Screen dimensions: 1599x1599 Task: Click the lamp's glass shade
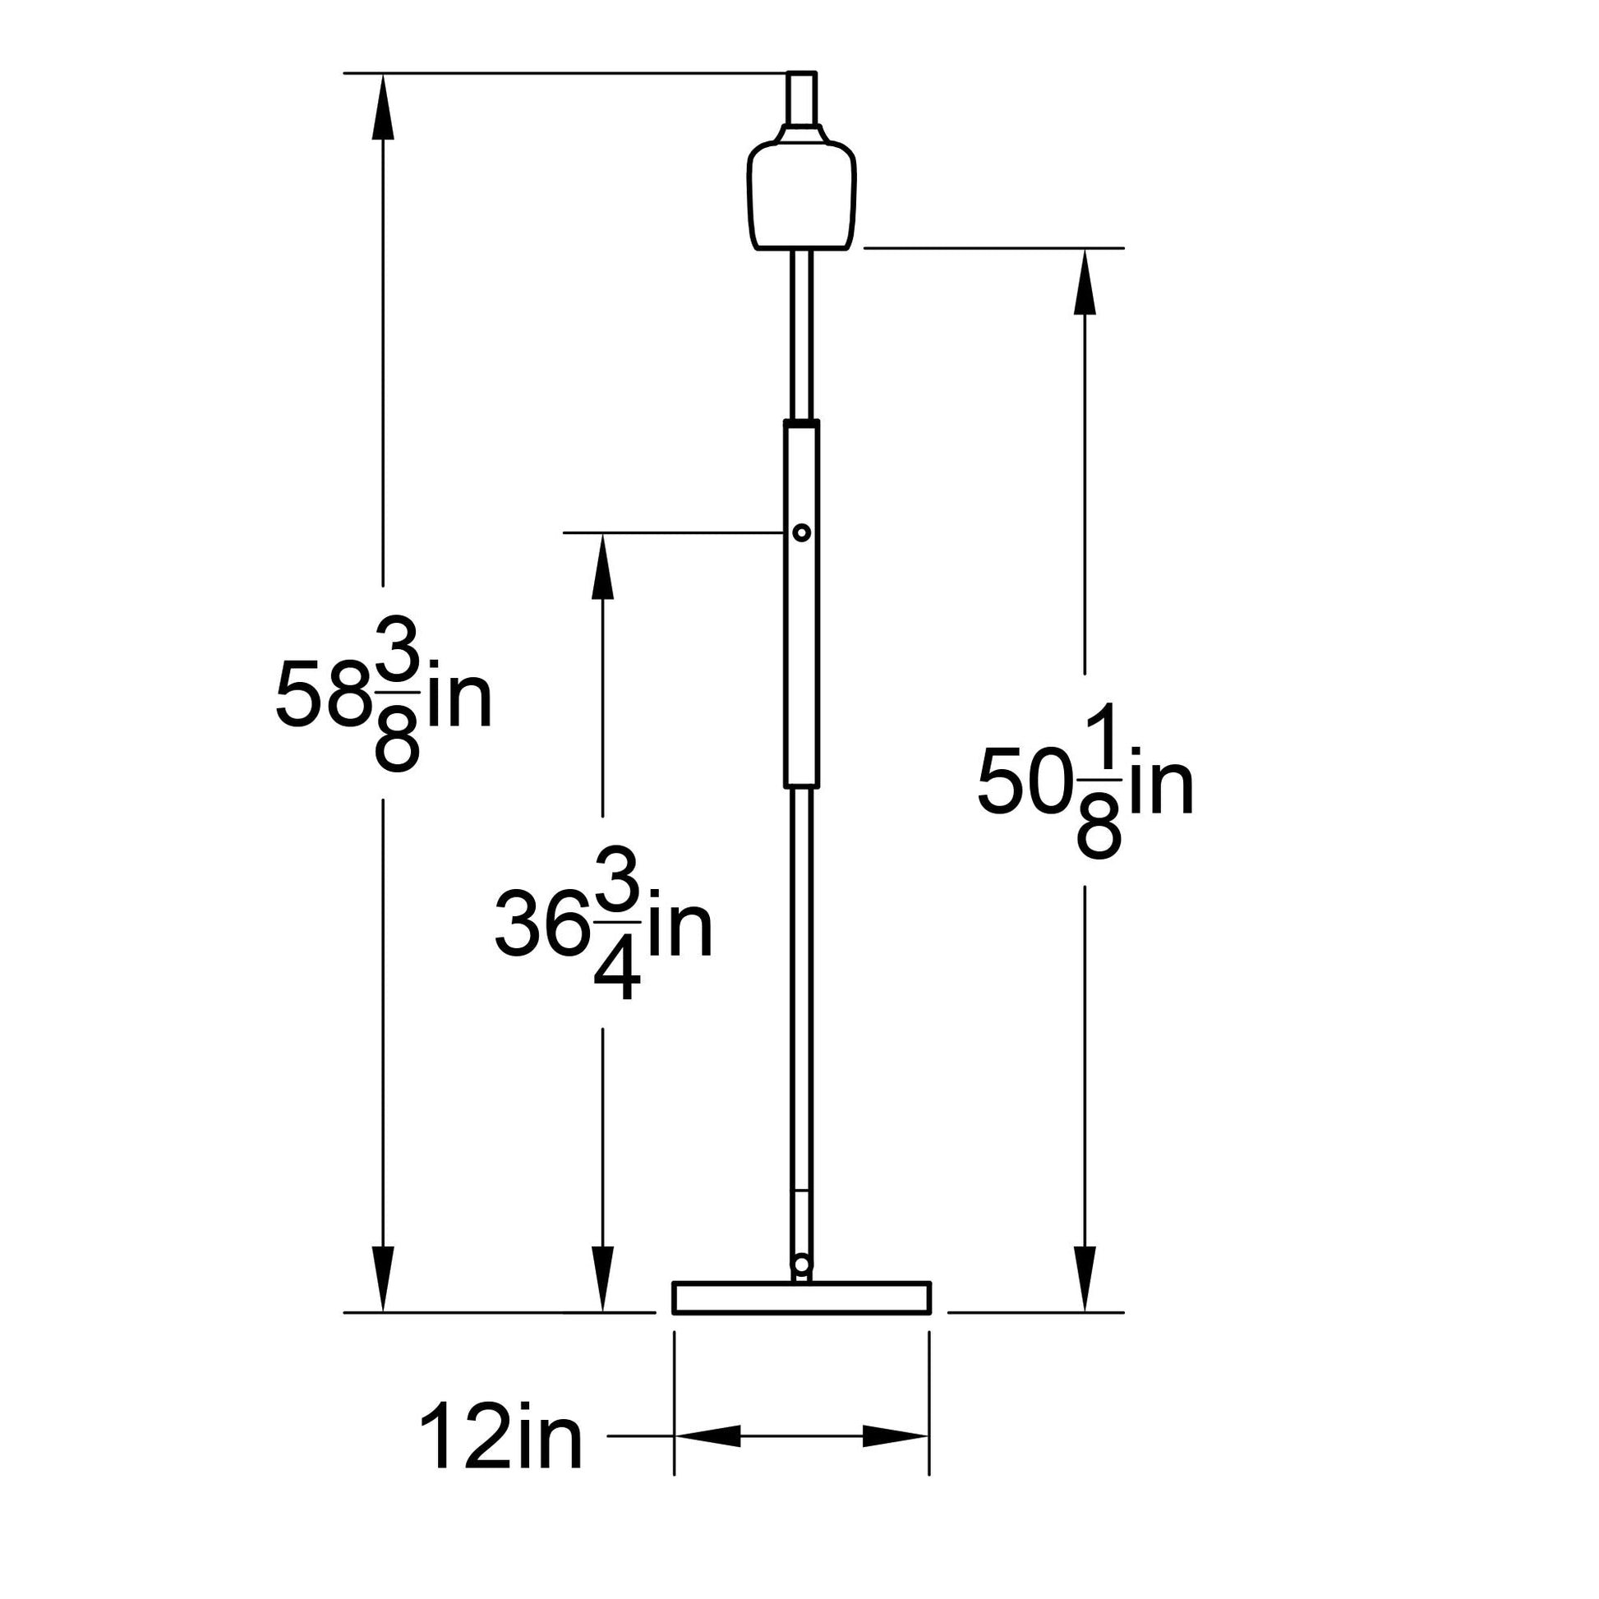(801, 196)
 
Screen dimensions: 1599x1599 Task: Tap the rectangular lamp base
(801, 1297)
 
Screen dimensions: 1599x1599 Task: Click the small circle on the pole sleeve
(801, 532)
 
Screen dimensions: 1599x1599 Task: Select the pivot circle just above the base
(801, 1264)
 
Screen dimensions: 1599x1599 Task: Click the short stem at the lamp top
(801, 99)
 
